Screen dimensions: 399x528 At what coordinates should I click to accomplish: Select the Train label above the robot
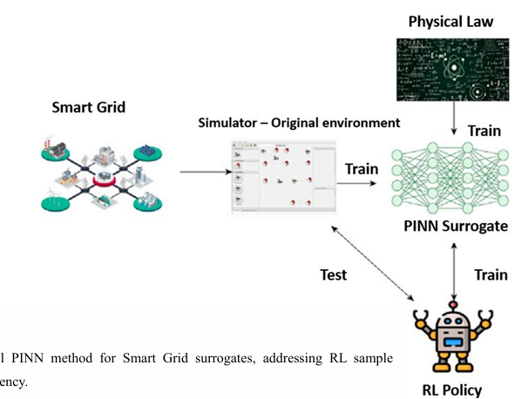491,274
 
